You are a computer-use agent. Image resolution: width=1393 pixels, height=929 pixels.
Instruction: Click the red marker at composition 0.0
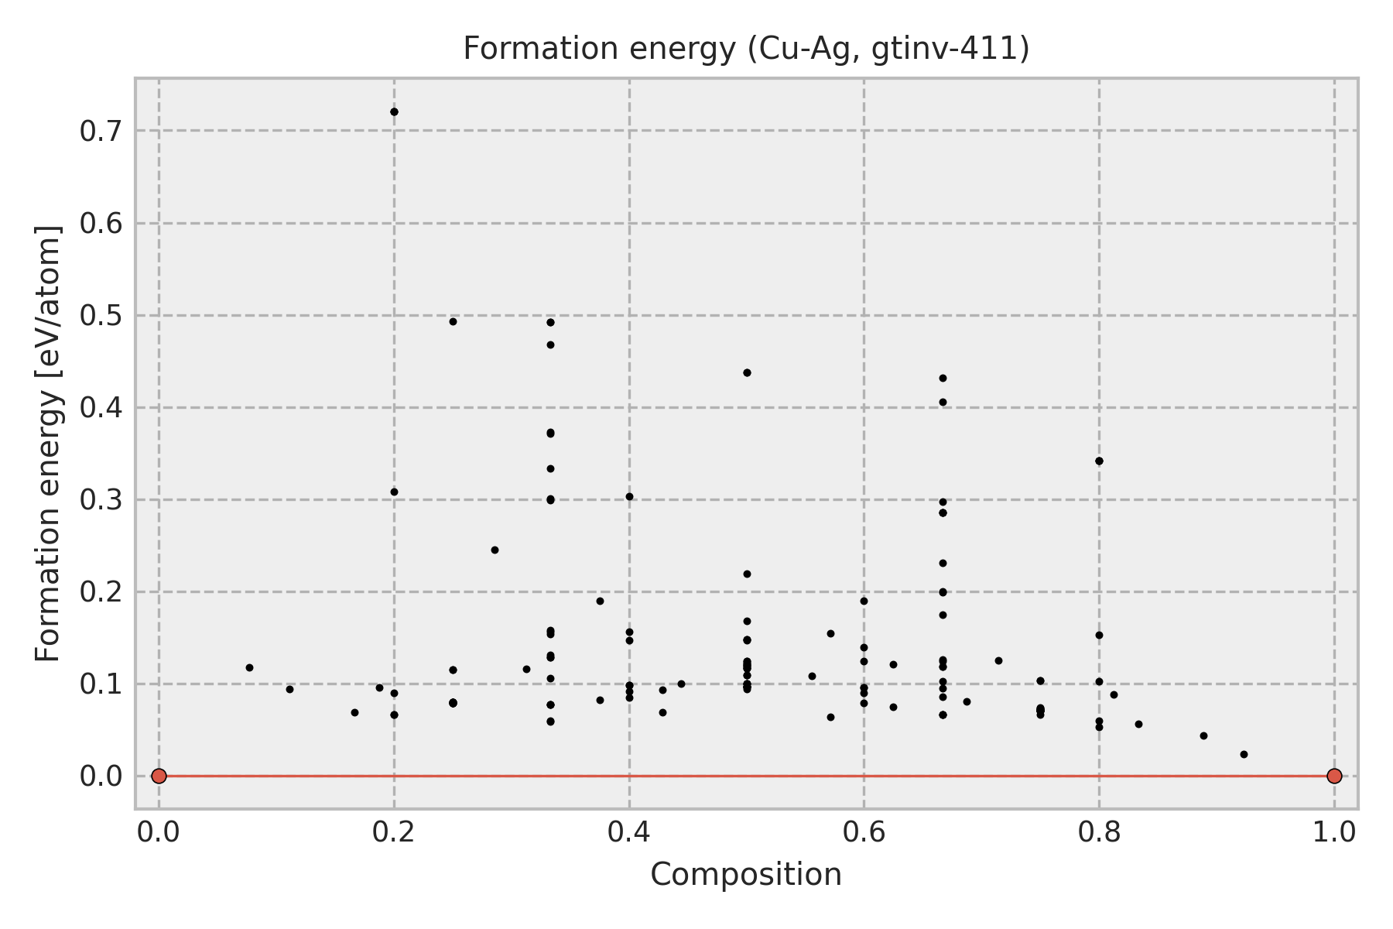coord(159,776)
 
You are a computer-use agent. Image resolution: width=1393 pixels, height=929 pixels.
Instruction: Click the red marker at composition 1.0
coord(1334,776)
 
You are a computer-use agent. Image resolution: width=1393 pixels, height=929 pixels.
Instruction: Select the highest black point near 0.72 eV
coord(394,111)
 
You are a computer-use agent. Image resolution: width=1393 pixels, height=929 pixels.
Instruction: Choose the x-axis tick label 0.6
coord(864,832)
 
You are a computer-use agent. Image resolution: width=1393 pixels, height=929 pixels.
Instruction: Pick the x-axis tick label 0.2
coord(394,832)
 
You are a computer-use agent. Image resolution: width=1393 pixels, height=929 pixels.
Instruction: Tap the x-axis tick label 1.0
coord(1334,832)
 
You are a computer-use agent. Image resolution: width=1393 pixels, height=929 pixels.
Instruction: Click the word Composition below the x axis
coord(746,875)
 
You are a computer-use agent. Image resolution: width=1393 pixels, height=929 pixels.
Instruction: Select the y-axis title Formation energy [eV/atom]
coord(48,444)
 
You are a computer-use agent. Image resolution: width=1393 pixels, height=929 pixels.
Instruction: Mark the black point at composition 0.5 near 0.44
coord(747,372)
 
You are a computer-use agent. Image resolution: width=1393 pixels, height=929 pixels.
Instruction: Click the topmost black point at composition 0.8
coord(1099,461)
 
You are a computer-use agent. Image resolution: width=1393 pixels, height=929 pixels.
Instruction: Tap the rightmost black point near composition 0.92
coord(1244,754)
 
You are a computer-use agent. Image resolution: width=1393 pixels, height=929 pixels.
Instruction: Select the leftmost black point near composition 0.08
coord(249,667)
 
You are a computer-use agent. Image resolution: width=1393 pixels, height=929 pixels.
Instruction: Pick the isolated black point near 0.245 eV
coord(495,550)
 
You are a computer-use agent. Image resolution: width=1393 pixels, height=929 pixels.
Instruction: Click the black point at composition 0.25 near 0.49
coord(453,321)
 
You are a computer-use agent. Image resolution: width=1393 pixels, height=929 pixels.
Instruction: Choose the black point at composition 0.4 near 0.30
coord(629,496)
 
